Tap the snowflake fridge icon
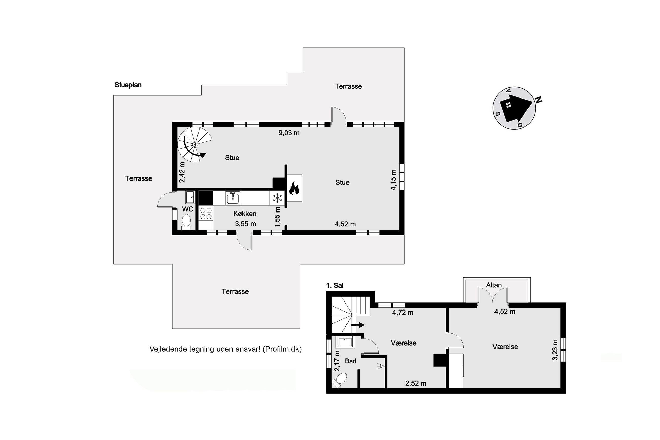pyautogui.click(x=277, y=198)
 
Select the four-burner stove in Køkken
pyautogui.click(x=206, y=213)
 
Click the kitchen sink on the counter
pyautogui.click(x=233, y=198)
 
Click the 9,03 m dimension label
pyautogui.click(x=289, y=133)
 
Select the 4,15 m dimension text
pyautogui.click(x=393, y=180)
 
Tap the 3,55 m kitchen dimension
pyautogui.click(x=245, y=224)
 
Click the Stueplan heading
pyautogui.click(x=128, y=85)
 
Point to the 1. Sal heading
pyautogui.click(x=335, y=285)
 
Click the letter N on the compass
pyautogui.click(x=539, y=100)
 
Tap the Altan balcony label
pyautogui.click(x=494, y=285)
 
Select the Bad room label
pyautogui.click(x=350, y=361)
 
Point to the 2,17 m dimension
pyautogui.click(x=337, y=361)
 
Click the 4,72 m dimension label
pyautogui.click(x=403, y=312)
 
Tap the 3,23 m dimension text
pyautogui.click(x=555, y=350)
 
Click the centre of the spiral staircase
pyautogui.click(x=195, y=144)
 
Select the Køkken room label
pyautogui.click(x=245, y=214)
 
